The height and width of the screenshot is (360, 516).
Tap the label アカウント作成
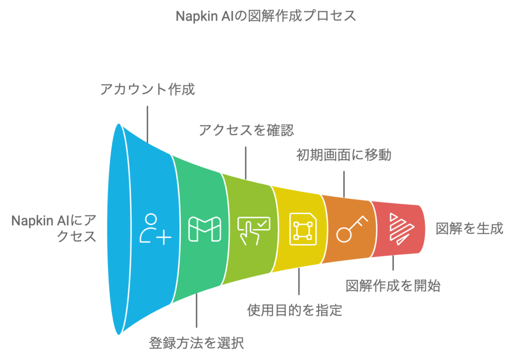pyautogui.click(x=147, y=90)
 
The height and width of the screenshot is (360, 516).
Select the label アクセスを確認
pyautogui.click(x=246, y=130)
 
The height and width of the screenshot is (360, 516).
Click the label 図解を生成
pyautogui.click(x=470, y=228)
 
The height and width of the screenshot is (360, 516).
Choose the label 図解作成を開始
pyautogui.click(x=393, y=286)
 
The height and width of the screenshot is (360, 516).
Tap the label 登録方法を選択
pyautogui.click(x=197, y=343)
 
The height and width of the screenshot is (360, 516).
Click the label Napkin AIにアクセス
pyautogui.click(x=54, y=228)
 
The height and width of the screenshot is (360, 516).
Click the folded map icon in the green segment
pyautogui.click(x=204, y=230)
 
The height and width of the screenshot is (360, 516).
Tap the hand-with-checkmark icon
pyautogui.click(x=253, y=230)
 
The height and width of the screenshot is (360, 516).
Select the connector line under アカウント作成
pyautogui.click(x=147, y=123)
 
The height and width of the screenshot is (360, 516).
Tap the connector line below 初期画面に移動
pyautogui.click(x=344, y=184)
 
